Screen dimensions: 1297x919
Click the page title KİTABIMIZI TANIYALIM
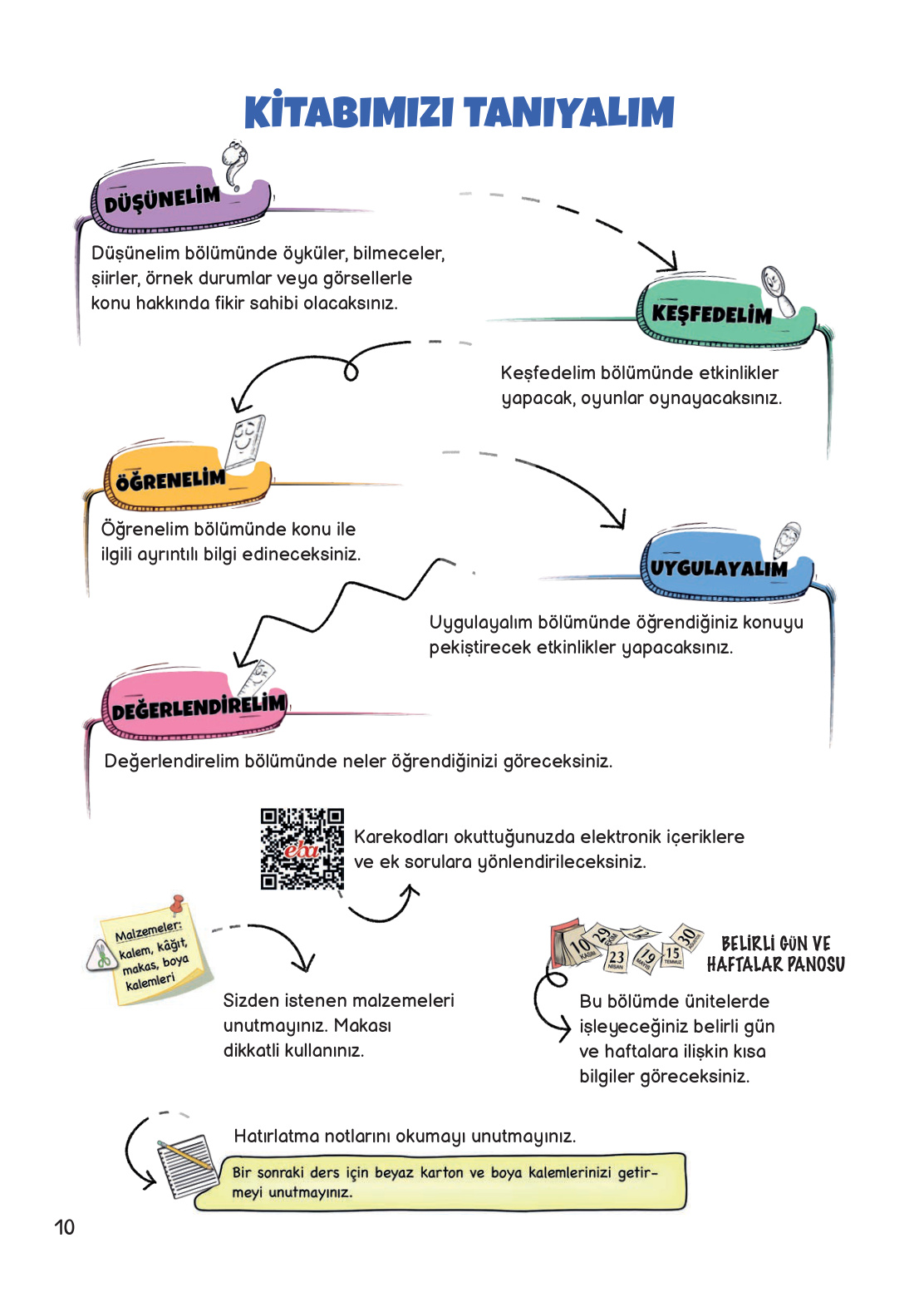coord(459,113)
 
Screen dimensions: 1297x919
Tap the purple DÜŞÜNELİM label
coord(163,200)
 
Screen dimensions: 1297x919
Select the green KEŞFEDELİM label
coord(711,314)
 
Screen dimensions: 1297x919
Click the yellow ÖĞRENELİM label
coord(170,480)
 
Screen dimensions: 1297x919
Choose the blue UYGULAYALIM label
coord(718,569)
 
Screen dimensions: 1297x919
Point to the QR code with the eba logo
coord(302,849)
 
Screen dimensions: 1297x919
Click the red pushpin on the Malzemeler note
coord(177,903)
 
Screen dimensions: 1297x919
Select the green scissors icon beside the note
coord(102,954)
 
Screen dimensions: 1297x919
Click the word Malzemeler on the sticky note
coord(148,930)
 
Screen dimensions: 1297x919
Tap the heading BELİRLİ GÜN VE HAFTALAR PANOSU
coord(775,954)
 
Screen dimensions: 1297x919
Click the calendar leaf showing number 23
coord(616,959)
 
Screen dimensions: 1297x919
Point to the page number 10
coord(64,1227)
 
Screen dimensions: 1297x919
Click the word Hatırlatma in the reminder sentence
coord(276,1137)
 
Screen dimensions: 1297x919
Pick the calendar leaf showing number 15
coord(672,955)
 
